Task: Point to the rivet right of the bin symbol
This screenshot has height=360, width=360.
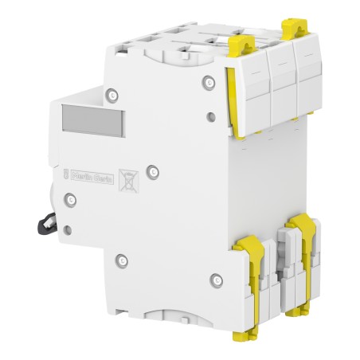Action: pyautogui.click(x=156, y=168)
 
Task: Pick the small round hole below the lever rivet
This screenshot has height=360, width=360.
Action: pyautogui.click(x=65, y=230)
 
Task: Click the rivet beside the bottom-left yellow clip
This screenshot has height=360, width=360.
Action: pyautogui.click(x=122, y=260)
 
